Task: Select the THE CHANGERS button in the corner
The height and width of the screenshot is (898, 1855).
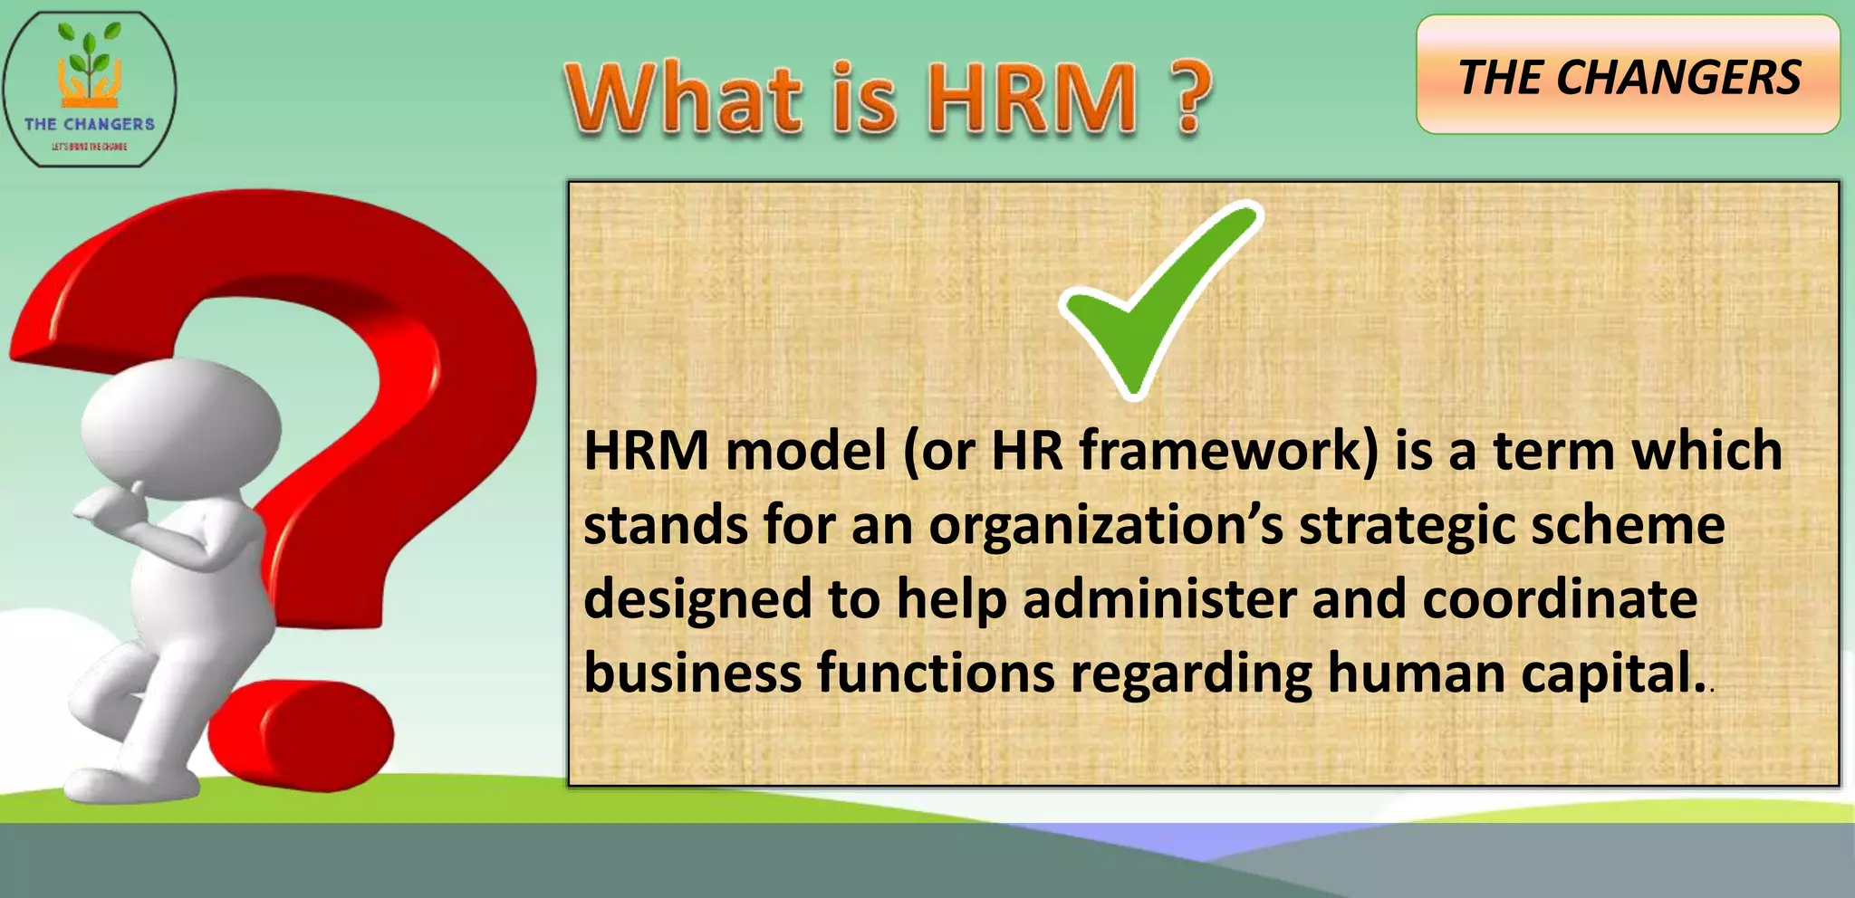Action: click(x=1629, y=76)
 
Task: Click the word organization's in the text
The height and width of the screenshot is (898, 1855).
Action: click(x=1106, y=525)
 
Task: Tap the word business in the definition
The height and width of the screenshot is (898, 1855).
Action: click(x=692, y=673)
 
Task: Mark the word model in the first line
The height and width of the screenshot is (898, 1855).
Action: click(x=805, y=450)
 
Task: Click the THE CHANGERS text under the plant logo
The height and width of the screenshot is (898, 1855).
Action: click(x=90, y=124)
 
